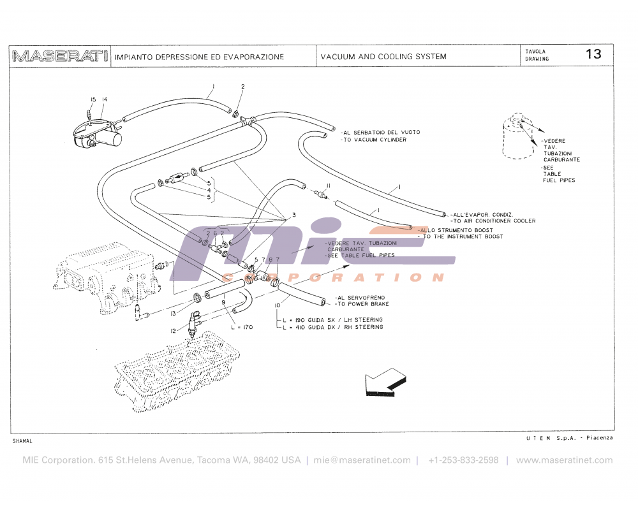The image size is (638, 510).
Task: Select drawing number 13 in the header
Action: point(593,54)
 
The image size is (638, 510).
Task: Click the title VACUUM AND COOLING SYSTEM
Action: point(383,57)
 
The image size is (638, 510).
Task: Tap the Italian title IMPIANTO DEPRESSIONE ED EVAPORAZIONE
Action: point(199,57)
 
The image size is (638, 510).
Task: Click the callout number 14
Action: point(105,99)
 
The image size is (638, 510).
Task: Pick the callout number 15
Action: point(93,99)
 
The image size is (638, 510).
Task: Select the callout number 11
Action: point(328,185)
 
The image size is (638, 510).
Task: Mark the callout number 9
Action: point(223,302)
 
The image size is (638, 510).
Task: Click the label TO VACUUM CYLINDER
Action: point(373,140)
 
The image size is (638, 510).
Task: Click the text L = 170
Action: point(242,327)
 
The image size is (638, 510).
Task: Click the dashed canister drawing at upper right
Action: point(519,136)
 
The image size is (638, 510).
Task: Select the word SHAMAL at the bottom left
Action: point(22,441)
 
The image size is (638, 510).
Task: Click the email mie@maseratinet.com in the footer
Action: point(362,460)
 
